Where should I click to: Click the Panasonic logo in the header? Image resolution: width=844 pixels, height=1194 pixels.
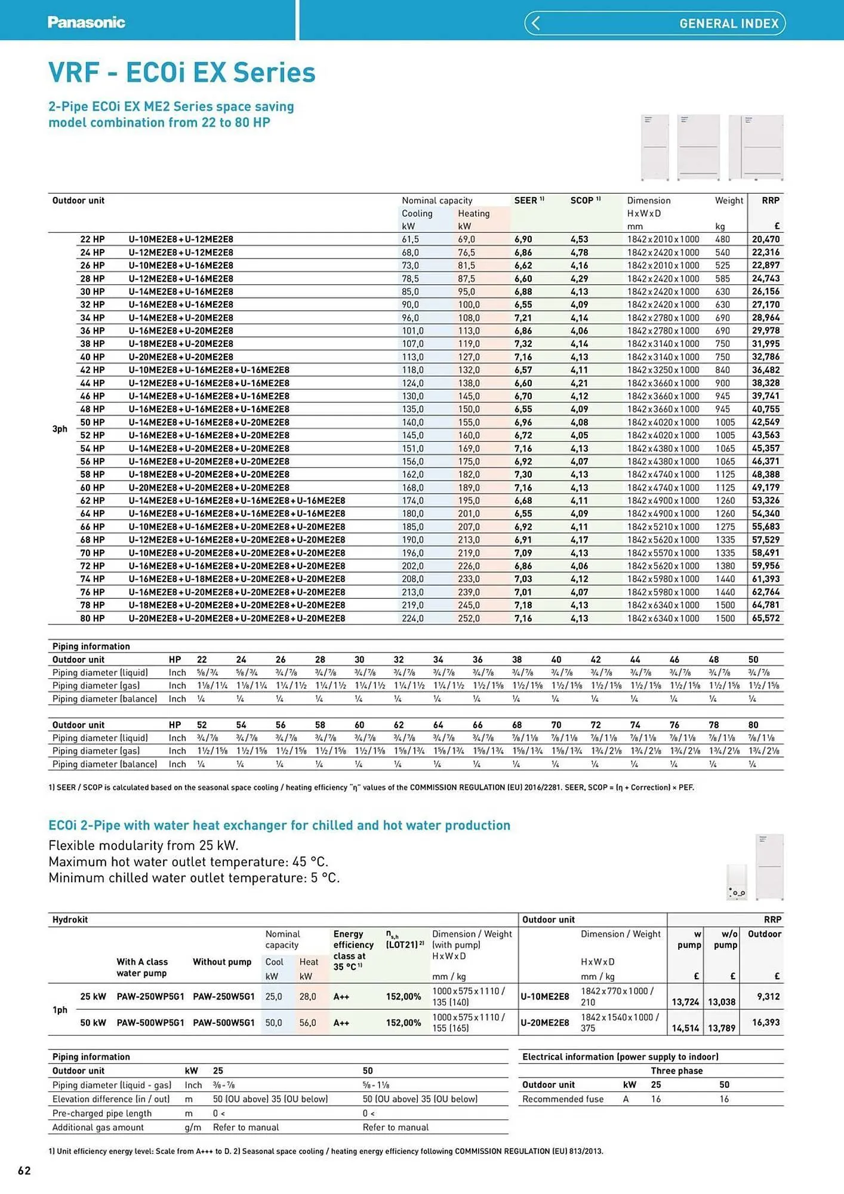(86, 22)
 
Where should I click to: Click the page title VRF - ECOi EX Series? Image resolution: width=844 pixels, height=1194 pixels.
(181, 73)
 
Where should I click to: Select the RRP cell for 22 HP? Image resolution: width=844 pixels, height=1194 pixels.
(765, 239)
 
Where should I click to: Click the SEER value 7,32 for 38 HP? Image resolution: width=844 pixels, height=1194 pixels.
(523, 344)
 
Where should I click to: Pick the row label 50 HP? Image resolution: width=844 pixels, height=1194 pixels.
(93, 422)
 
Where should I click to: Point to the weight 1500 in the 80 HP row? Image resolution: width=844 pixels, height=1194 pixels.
(725, 618)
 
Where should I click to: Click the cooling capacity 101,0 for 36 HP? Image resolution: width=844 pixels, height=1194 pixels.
(412, 331)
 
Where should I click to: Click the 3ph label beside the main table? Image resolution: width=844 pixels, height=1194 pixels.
(60, 429)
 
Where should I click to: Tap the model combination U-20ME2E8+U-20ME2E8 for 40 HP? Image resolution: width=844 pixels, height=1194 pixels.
(181, 357)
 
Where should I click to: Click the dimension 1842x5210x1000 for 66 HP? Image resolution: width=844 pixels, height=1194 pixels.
(663, 527)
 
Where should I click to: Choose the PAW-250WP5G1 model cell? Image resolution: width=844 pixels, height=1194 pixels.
(150, 996)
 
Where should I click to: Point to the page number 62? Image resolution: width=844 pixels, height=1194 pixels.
(24, 1170)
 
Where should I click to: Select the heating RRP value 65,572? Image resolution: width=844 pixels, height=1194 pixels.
(765, 618)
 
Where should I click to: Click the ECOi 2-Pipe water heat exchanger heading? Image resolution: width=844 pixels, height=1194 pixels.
(279, 825)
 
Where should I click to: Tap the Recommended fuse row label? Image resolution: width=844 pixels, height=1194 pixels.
(562, 1099)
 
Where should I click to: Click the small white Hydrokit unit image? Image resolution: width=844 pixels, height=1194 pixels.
(737, 882)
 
